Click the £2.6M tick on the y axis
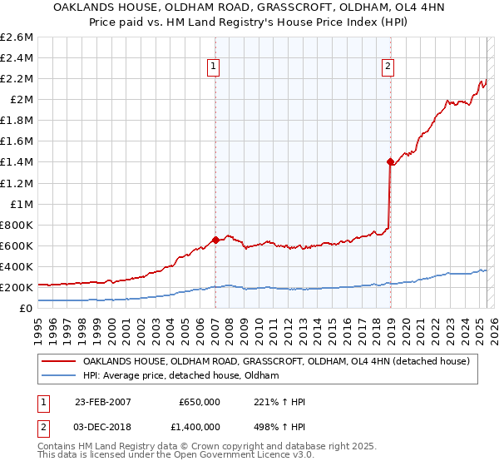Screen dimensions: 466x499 pos(17,37)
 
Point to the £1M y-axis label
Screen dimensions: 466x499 pos(22,204)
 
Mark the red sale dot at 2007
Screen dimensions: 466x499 pos(215,240)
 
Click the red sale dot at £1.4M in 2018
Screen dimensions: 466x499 pos(389,161)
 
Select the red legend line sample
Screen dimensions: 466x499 pos(58,361)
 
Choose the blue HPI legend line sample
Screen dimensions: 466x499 pos(58,376)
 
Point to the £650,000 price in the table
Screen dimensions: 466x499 pos(200,401)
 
